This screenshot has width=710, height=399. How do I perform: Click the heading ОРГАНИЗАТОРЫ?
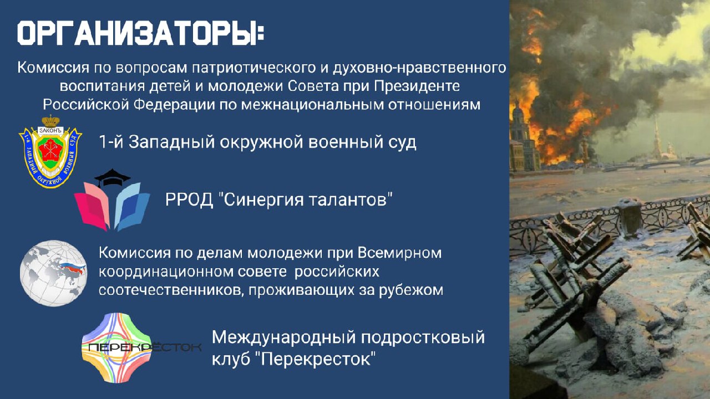click(x=140, y=33)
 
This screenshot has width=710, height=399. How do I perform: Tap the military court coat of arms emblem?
click(x=50, y=151)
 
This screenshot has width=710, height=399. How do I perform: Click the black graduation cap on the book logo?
click(x=112, y=177)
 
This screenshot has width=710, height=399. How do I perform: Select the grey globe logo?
click(x=53, y=273)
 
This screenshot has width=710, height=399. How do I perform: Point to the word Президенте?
click(x=417, y=86)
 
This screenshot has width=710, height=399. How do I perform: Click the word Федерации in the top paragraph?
click(x=174, y=105)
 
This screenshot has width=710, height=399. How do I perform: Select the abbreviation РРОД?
click(x=189, y=200)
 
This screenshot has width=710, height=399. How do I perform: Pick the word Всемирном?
click(x=400, y=253)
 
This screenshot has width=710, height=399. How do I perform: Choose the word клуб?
click(x=231, y=359)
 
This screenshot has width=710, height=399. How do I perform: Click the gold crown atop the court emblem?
click(x=50, y=121)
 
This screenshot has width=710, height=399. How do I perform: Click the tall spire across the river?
click(x=656, y=137)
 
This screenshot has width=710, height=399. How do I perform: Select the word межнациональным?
click(x=312, y=105)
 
